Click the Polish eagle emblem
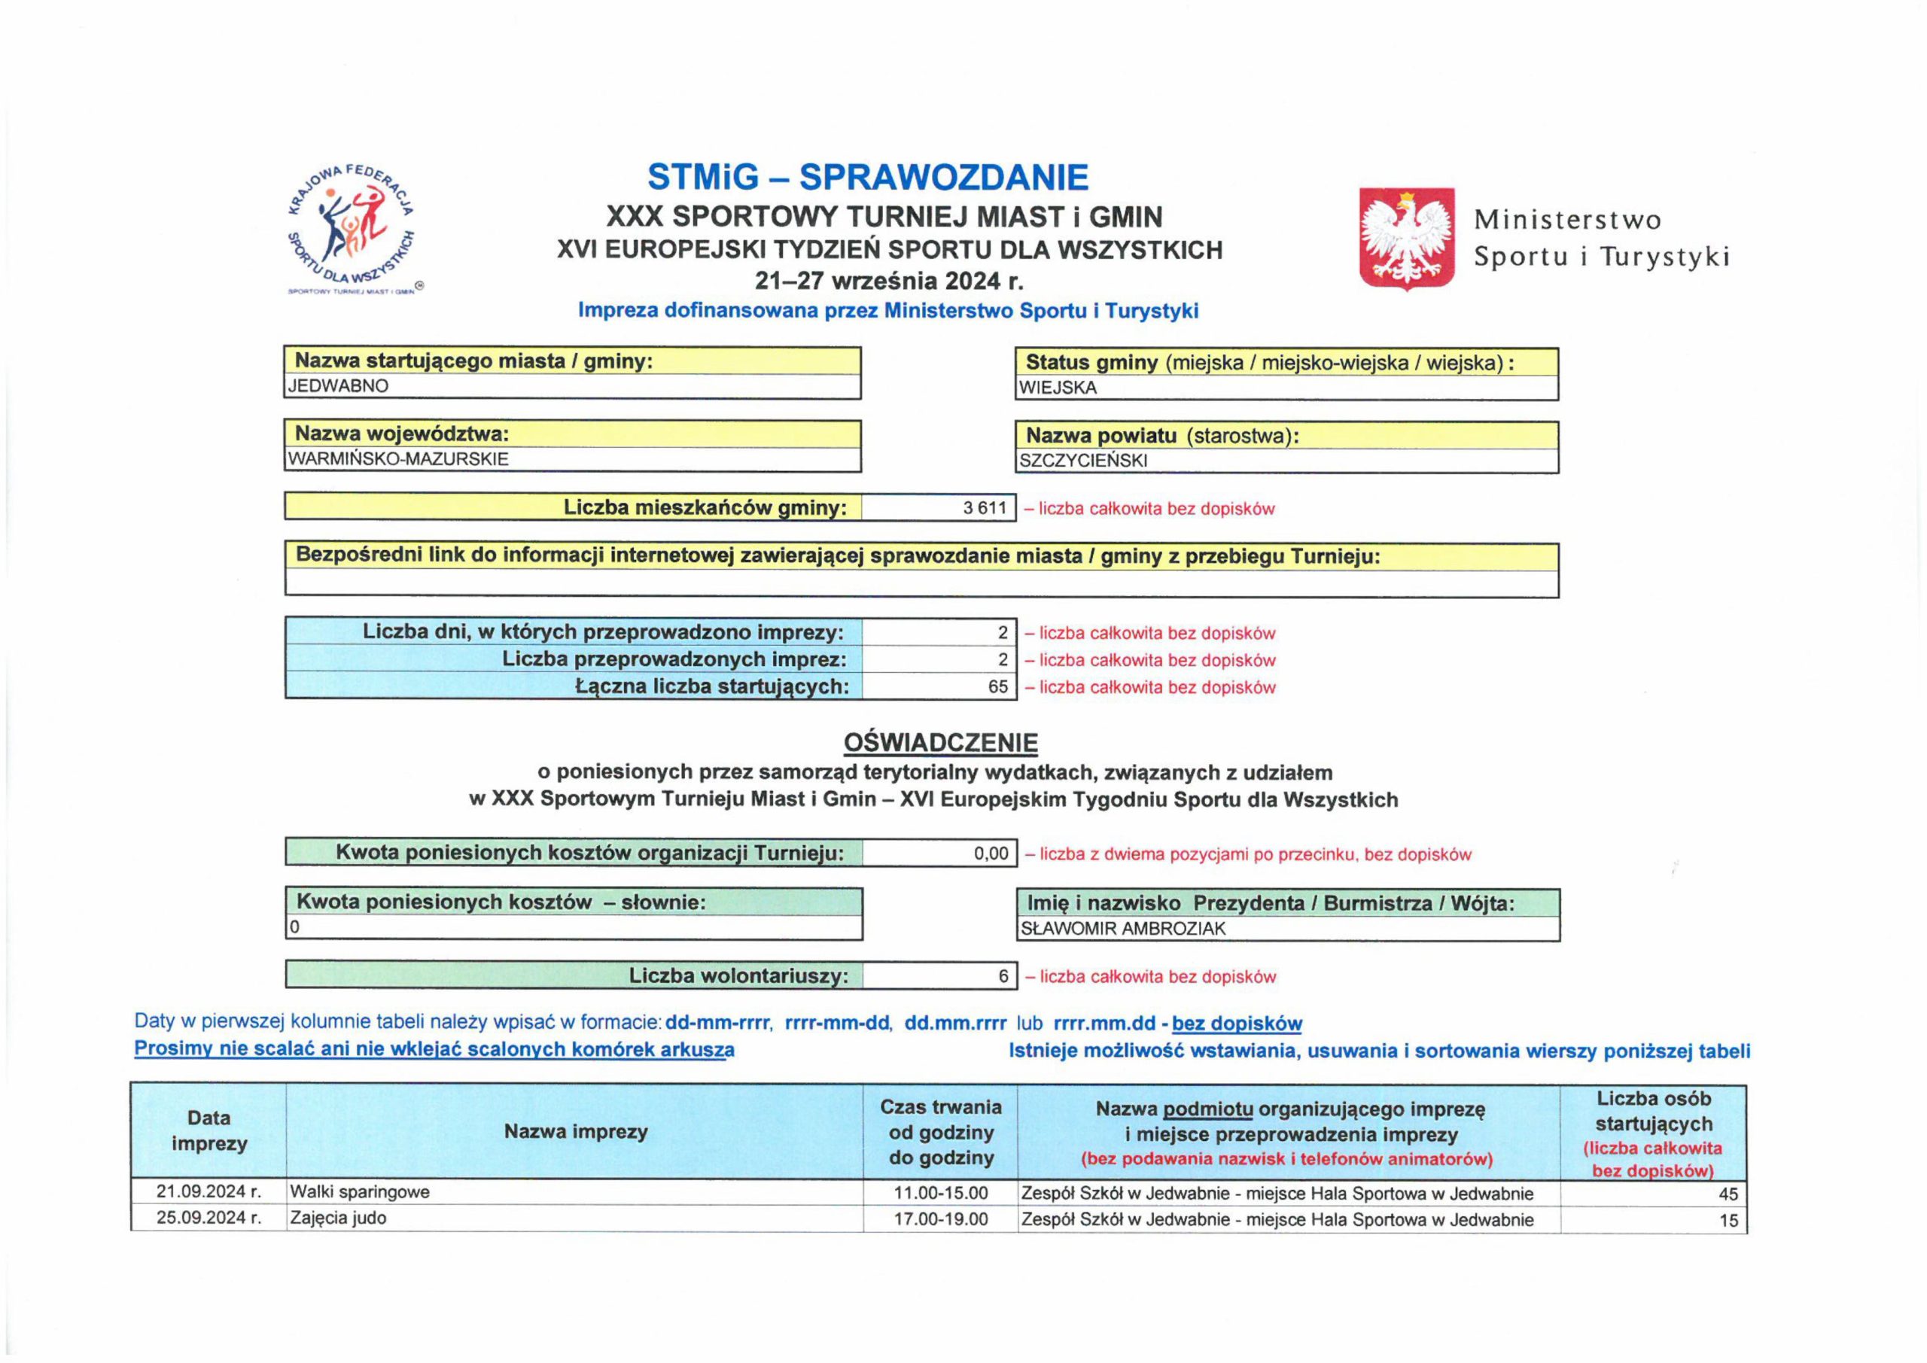click(1407, 239)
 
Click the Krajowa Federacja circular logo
click(352, 227)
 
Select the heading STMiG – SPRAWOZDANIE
click(868, 177)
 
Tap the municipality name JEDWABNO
click(338, 387)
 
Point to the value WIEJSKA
click(1058, 388)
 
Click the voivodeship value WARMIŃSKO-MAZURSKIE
click(398, 460)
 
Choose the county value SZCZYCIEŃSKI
click(1082, 461)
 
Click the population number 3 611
click(985, 509)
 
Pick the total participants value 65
click(997, 687)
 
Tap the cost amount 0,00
click(991, 854)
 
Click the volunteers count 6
click(1003, 977)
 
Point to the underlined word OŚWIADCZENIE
click(940, 744)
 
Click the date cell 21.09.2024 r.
click(209, 1193)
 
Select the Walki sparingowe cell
click(359, 1193)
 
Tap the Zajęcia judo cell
click(337, 1218)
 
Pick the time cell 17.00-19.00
click(940, 1219)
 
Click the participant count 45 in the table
click(1728, 1194)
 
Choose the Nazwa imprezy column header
click(576, 1132)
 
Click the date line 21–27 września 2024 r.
click(889, 280)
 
